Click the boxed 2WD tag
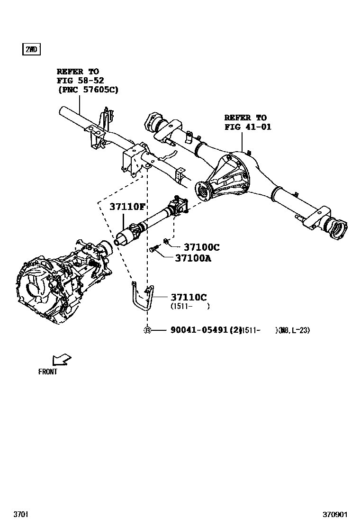pyautogui.click(x=31, y=49)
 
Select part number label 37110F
pyautogui.click(x=127, y=207)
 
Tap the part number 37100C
pyautogui.click(x=201, y=247)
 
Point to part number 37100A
pyautogui.click(x=193, y=258)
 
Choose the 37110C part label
pyautogui.click(x=189, y=297)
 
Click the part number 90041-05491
pyautogui.click(x=199, y=330)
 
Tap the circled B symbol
pyautogui.click(x=147, y=330)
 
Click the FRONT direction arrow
pyautogui.click(x=61, y=359)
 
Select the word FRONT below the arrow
pyautogui.click(x=48, y=372)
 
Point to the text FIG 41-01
pyautogui.click(x=248, y=127)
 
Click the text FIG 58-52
pyautogui.click(x=80, y=81)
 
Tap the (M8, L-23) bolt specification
pyautogui.click(x=294, y=330)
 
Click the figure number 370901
pyautogui.click(x=335, y=514)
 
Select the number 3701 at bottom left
pyautogui.click(x=20, y=514)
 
